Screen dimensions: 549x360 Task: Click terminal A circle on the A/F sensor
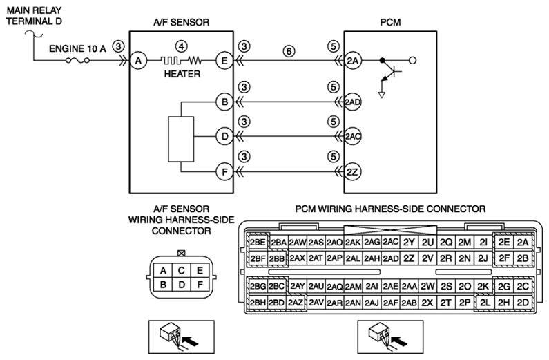pos(138,61)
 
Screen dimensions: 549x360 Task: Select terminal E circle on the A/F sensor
pos(224,61)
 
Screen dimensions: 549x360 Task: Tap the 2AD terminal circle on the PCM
pos(353,102)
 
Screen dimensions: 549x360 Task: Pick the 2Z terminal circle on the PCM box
pos(353,172)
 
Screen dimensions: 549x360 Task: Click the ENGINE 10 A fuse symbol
pos(77,61)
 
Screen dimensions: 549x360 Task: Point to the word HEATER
pos(182,74)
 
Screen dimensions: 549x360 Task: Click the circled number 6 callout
pos(289,52)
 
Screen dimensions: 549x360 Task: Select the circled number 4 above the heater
pos(181,46)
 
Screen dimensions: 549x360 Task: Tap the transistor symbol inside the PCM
pos(389,73)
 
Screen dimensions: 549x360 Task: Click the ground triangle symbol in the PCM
pos(382,95)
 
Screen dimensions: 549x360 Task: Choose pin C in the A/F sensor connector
pos(182,271)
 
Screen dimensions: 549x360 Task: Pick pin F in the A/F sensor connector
pos(200,285)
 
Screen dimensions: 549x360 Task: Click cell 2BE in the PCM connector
pos(258,242)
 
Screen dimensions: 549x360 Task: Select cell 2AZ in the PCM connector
pos(296,303)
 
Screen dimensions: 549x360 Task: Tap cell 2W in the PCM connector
pos(427,287)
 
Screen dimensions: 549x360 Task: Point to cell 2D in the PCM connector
pos(523,303)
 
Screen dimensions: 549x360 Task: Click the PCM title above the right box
pos(390,22)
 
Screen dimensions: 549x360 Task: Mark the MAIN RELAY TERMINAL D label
pos(35,16)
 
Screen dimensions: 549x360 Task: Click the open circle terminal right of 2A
pos(413,61)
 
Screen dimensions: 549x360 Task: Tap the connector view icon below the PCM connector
pos(390,337)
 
